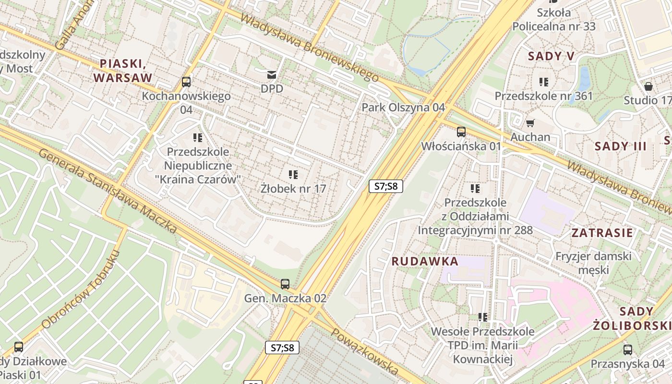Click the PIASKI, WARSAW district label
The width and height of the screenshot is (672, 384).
[122, 70]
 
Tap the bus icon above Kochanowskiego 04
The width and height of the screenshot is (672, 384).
[186, 82]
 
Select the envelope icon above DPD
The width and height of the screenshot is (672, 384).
[272, 74]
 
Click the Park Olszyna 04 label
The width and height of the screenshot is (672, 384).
[403, 107]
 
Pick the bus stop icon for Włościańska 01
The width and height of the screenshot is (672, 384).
[461, 132]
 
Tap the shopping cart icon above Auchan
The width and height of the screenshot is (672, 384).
[530, 123]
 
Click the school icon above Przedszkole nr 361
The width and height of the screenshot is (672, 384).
[544, 82]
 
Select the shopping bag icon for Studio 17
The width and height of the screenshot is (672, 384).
[648, 86]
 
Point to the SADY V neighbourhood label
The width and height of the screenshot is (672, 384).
[551, 56]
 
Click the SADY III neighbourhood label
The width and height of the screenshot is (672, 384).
[621, 146]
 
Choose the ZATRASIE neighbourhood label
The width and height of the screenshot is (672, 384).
[602, 233]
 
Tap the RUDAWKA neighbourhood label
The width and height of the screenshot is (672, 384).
[425, 262]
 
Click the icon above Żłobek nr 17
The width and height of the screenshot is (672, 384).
[293, 175]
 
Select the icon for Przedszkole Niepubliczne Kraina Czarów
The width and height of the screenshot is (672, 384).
[198, 138]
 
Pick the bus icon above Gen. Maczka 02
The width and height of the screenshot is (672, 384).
[285, 284]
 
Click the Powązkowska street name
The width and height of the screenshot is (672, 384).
[365, 352]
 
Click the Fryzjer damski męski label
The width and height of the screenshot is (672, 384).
[593, 263]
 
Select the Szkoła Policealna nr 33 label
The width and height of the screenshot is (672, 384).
[553, 19]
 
